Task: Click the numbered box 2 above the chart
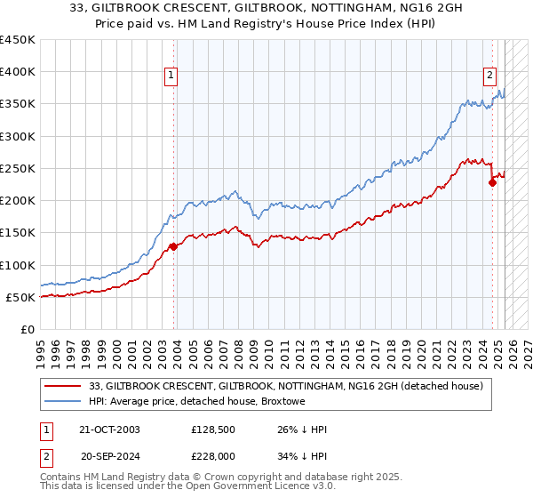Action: (489, 76)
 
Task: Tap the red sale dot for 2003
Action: (173, 247)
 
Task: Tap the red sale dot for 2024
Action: (492, 183)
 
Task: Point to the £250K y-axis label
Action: (17, 169)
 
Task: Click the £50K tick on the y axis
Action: (20, 297)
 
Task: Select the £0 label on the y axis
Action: (28, 329)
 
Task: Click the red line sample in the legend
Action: (62, 386)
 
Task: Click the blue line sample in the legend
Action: (62, 402)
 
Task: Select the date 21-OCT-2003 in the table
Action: (110, 430)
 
